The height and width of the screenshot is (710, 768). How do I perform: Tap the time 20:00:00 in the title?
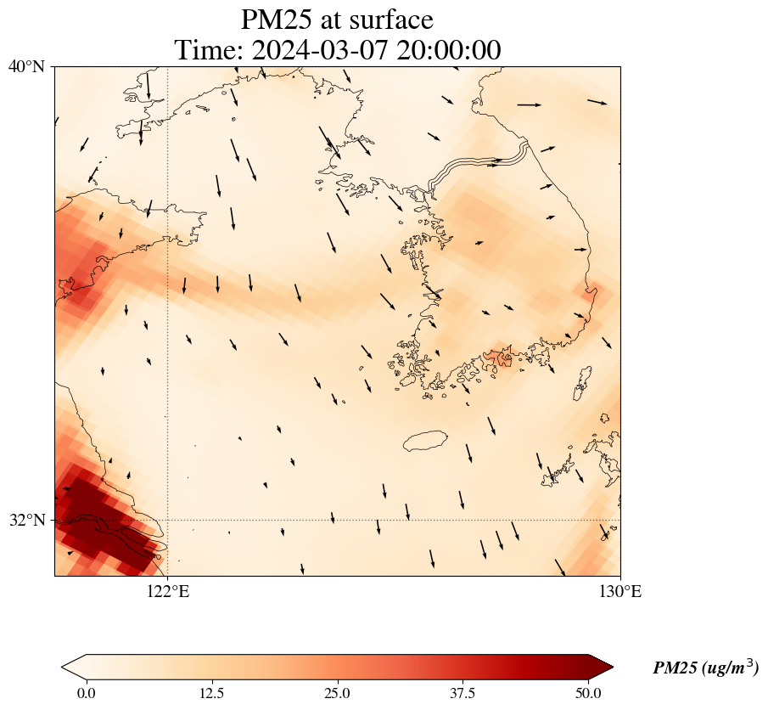tap(450, 50)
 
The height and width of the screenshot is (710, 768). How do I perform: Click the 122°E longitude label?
tap(167, 591)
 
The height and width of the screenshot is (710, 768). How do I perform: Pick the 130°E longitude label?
tap(620, 591)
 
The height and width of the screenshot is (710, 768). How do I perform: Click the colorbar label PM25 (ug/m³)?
tap(705, 668)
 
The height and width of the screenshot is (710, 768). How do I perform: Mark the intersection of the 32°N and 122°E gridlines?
tap(167, 520)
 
